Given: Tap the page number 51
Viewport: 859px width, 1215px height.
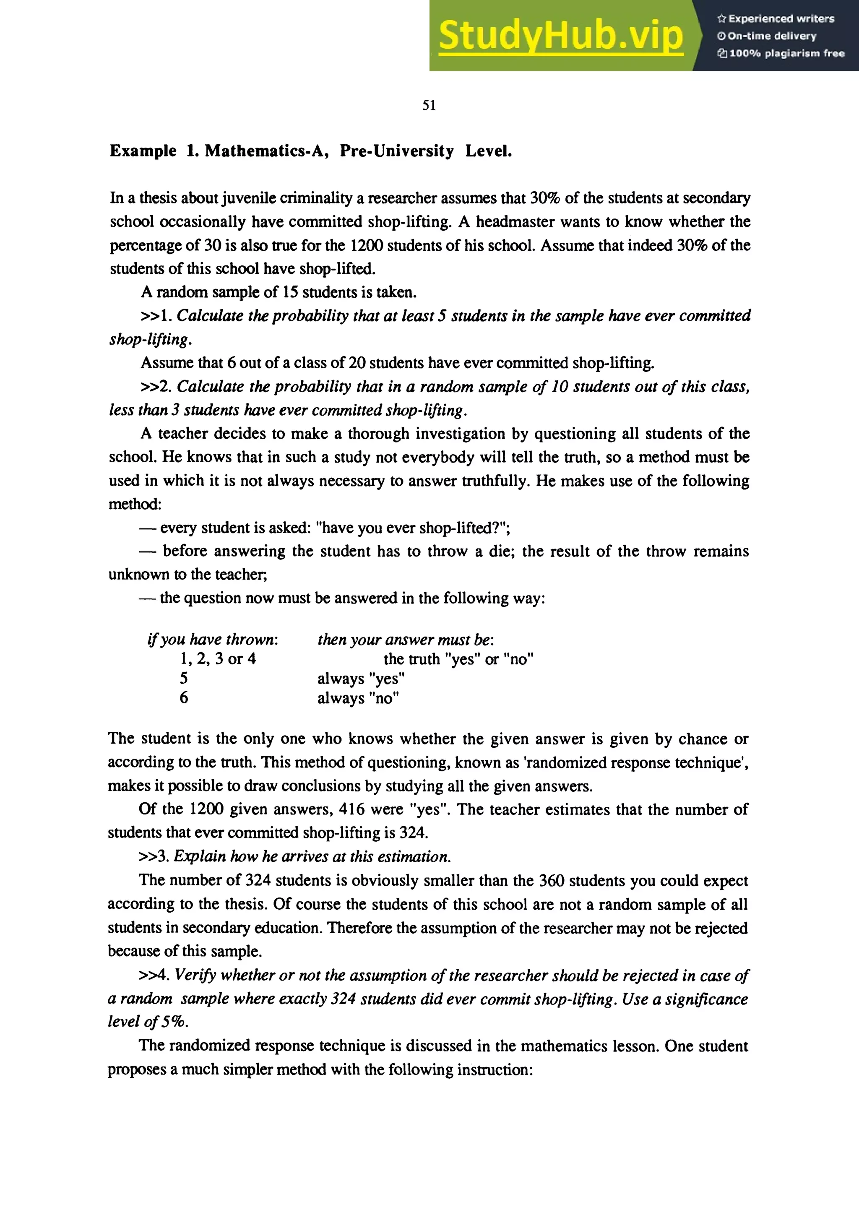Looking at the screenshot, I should click(x=429, y=105).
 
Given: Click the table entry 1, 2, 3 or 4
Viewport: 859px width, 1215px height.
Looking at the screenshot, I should click(x=218, y=659).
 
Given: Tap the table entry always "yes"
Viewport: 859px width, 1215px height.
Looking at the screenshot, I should click(x=361, y=679).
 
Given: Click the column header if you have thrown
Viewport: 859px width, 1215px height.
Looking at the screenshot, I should click(x=213, y=639).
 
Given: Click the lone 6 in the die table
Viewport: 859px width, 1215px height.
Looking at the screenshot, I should click(x=184, y=697).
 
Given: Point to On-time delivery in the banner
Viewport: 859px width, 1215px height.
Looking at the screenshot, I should click(x=772, y=36).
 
